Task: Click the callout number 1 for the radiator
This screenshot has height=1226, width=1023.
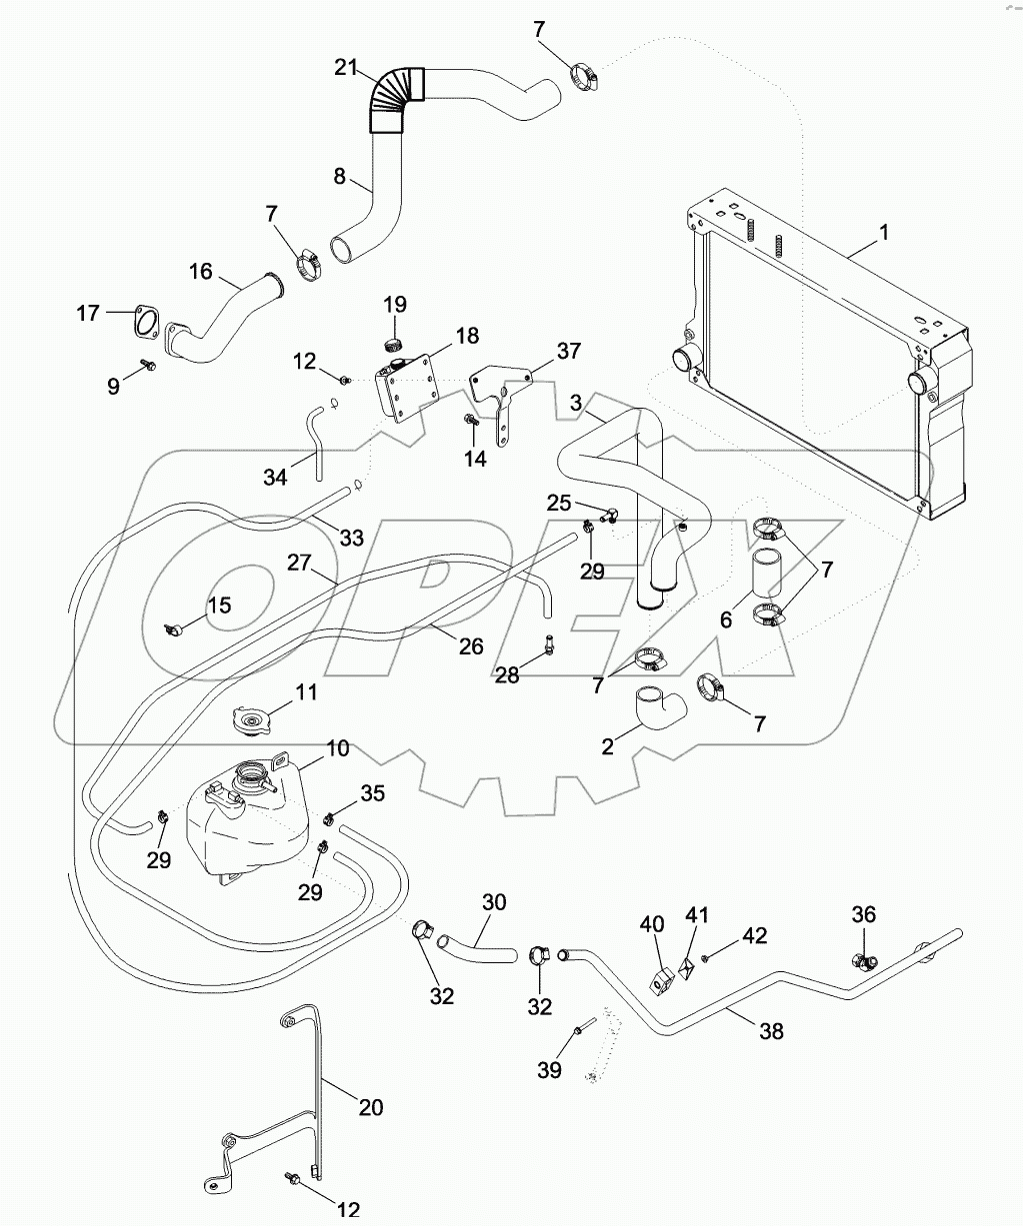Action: tap(884, 232)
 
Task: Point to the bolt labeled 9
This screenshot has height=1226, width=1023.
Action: tap(148, 367)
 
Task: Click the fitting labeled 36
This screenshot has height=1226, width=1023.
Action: tap(862, 960)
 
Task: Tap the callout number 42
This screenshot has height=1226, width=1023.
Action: tap(755, 935)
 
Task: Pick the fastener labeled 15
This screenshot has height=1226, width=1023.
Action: tap(176, 629)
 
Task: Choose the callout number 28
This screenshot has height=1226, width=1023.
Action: tap(508, 675)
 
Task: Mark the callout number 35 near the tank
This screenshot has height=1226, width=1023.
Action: tap(343, 794)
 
